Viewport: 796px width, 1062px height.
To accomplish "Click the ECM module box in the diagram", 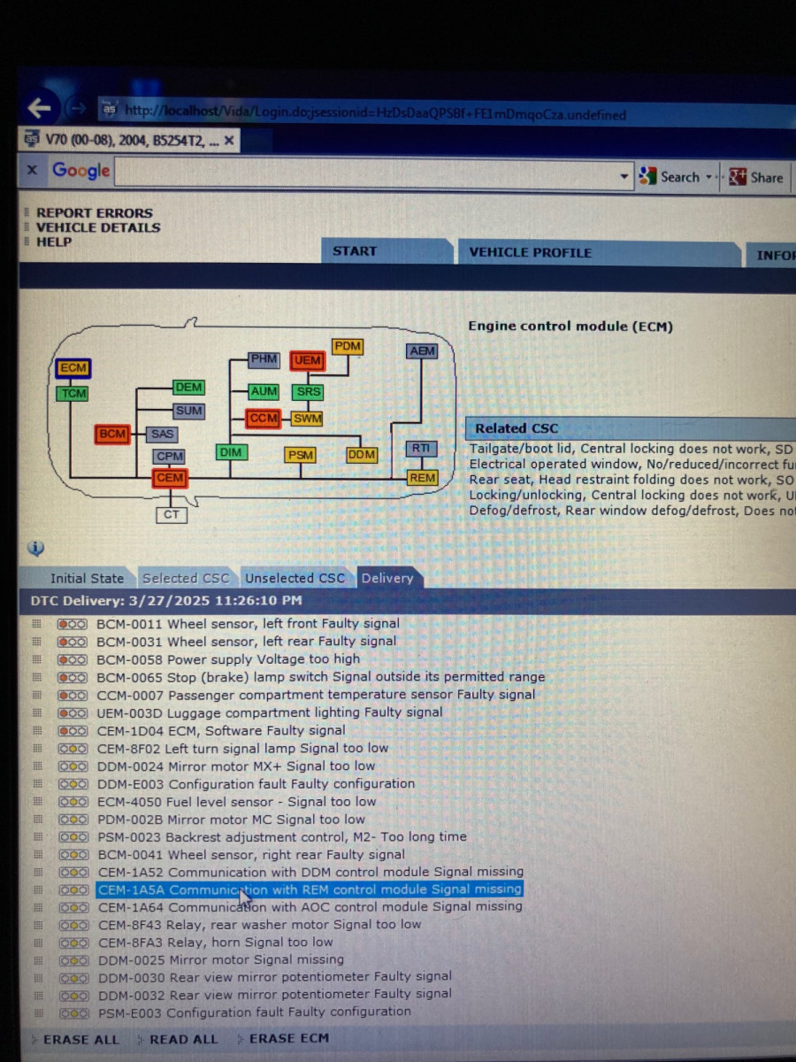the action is click(73, 367).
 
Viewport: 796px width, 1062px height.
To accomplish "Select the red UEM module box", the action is click(308, 360).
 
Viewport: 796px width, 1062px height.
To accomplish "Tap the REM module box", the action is click(422, 478).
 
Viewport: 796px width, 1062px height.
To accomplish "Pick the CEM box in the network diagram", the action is click(170, 478).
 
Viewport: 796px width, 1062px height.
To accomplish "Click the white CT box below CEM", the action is click(171, 515).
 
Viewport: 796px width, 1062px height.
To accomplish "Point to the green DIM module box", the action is click(231, 452).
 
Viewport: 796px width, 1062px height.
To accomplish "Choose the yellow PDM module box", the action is click(348, 346).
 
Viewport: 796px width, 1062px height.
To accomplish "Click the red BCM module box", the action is click(112, 434).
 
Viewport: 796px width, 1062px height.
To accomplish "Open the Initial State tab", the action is click(87, 578).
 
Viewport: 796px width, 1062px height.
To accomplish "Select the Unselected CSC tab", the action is click(295, 578).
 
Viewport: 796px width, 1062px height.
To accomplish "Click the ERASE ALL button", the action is click(81, 1039).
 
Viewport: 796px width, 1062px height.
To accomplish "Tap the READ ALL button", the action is click(184, 1039).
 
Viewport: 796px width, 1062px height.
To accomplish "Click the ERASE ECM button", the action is click(289, 1038).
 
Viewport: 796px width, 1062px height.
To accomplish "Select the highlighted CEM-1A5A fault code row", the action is click(310, 889).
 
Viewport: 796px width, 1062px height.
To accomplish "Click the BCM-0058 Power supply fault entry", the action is click(228, 659).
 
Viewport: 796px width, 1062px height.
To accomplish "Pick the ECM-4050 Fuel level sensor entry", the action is click(236, 802).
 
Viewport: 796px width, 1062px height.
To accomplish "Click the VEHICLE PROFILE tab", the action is click(530, 252).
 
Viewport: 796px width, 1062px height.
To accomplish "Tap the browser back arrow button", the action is click(40, 107).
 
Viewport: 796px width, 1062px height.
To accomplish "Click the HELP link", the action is click(54, 242).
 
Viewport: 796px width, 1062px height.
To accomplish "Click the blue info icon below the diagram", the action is click(35, 548).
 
